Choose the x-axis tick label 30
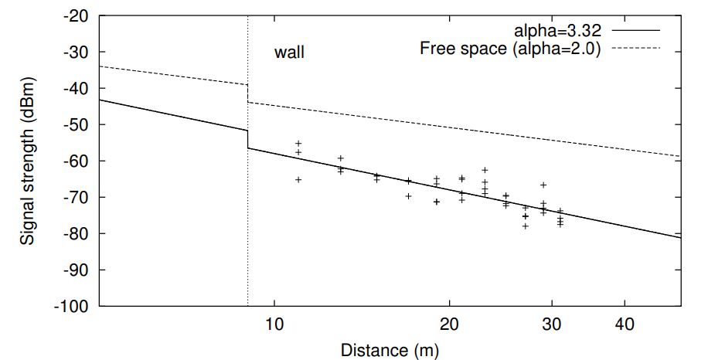tap(551, 322)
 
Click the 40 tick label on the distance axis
tap(624, 322)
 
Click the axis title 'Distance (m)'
tap(390, 350)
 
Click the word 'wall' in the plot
tap(290, 53)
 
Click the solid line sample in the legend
tap(639, 31)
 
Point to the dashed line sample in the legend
tap(639, 49)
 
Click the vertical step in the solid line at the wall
tap(247, 139)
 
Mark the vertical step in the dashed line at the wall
tap(247, 93)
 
